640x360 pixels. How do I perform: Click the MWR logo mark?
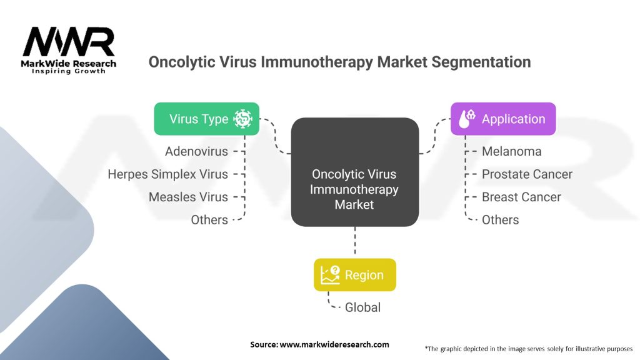(x=69, y=42)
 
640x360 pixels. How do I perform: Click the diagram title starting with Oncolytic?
(x=339, y=62)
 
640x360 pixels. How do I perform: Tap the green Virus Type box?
(x=206, y=119)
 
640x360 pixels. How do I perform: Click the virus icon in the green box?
(x=242, y=119)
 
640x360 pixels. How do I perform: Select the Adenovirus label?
(x=196, y=151)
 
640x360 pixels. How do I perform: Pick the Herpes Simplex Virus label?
(x=167, y=174)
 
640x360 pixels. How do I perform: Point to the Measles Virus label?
(x=188, y=197)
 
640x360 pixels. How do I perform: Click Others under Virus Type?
(x=209, y=220)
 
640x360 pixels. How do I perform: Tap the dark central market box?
(x=354, y=172)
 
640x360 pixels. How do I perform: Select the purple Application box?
(x=503, y=119)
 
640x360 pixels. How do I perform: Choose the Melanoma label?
(x=511, y=151)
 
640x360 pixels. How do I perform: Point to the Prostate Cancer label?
(x=527, y=174)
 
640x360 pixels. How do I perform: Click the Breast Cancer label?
(x=521, y=197)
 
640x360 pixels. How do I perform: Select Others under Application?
(x=500, y=220)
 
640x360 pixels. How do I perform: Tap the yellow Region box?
(x=354, y=275)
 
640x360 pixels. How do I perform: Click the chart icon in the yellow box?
(x=330, y=275)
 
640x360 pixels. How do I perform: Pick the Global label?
(x=362, y=307)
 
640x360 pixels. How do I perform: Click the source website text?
(x=319, y=344)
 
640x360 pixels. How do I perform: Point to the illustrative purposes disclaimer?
(x=528, y=348)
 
